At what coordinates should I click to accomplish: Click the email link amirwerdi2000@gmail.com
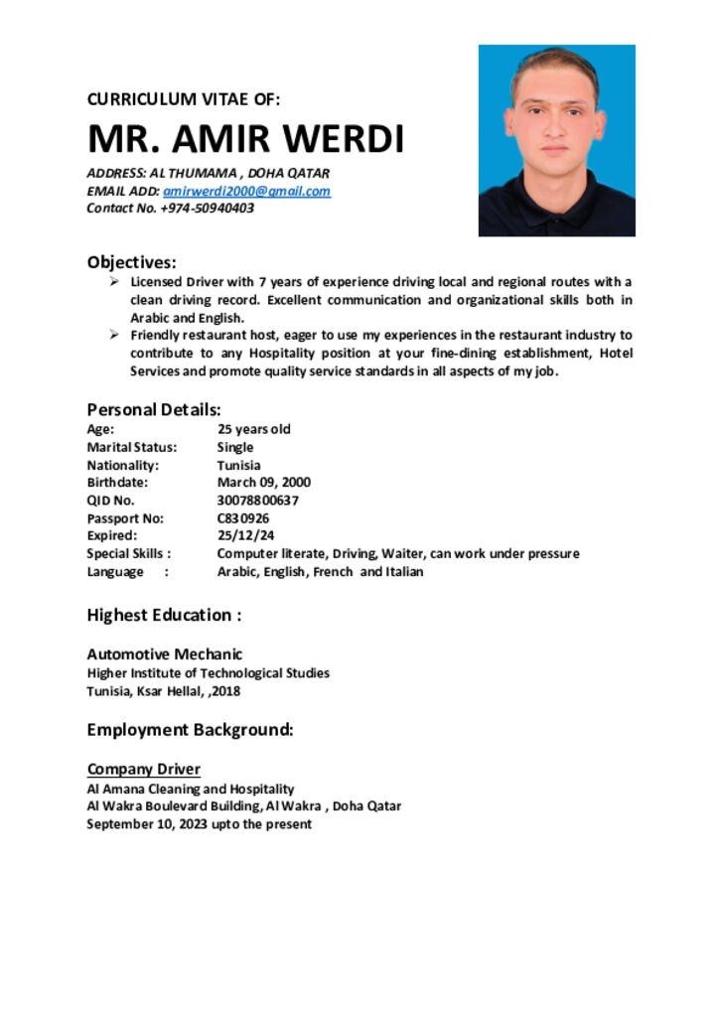coord(246,191)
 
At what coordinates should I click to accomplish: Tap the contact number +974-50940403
coord(206,209)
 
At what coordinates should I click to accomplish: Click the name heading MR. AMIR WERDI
coord(245,139)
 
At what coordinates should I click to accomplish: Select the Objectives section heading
coord(132,262)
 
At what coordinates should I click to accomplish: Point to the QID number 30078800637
coord(257,501)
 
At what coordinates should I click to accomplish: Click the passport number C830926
coord(243,518)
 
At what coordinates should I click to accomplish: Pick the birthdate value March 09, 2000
coord(263,483)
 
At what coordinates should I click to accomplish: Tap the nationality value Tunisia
coord(239,465)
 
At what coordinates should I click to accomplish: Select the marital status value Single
coord(235,447)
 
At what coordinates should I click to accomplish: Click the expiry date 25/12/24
coord(245,536)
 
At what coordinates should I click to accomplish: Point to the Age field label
coord(100,429)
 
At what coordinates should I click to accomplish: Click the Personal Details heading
coord(154,409)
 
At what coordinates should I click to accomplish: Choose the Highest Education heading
coord(164,615)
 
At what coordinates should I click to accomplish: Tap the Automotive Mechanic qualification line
coord(165,654)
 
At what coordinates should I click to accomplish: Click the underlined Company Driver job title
coord(144,769)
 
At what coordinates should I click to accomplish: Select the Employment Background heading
coord(191,730)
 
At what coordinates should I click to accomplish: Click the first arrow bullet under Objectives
coord(114,282)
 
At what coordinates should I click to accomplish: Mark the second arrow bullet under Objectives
coord(114,336)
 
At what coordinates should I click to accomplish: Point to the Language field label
coord(115,572)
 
